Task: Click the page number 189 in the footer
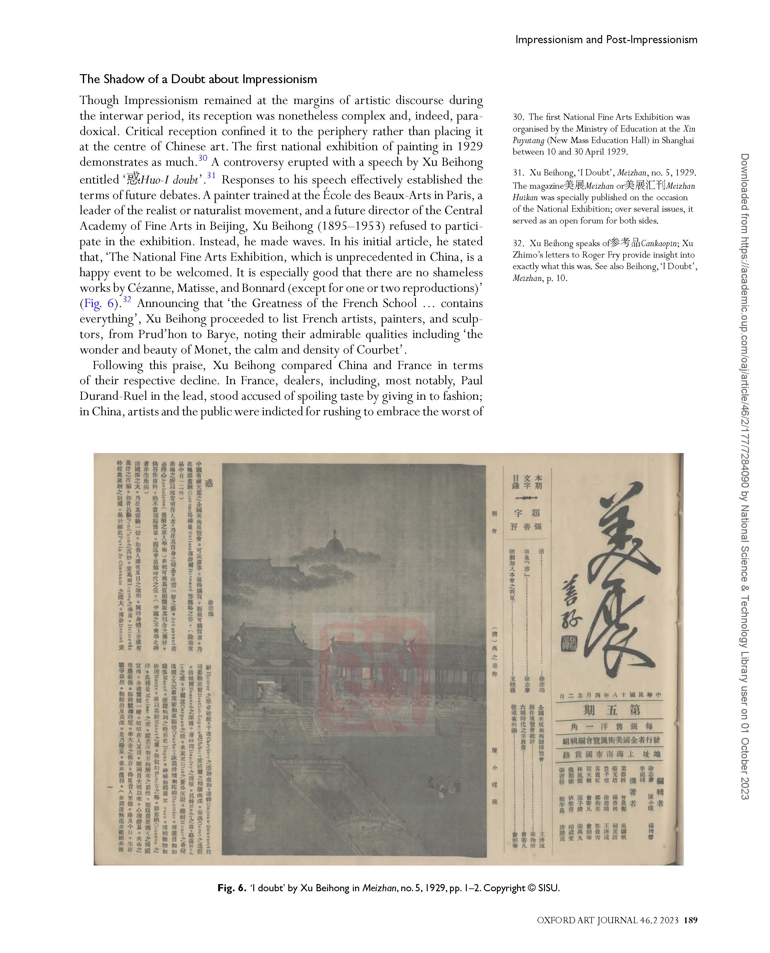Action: coord(691,920)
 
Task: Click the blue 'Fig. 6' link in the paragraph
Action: coord(100,304)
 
